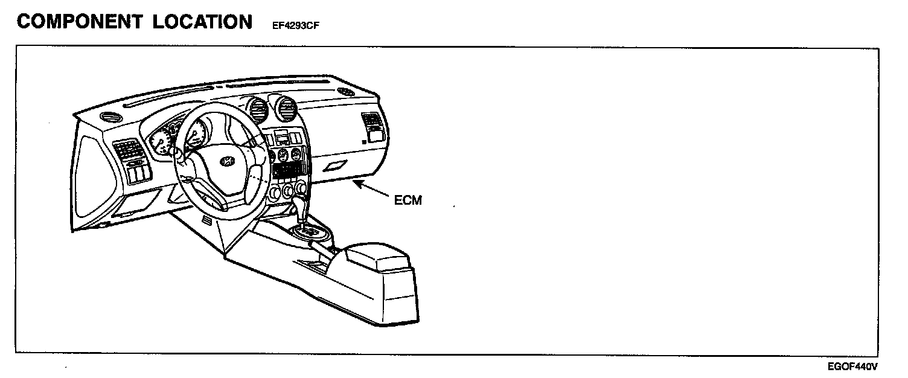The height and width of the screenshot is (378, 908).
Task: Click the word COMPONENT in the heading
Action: pyautogui.click(x=78, y=22)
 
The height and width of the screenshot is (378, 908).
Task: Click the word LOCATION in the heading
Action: pyautogui.click(x=202, y=22)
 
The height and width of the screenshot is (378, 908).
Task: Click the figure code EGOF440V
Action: pyautogui.click(x=852, y=366)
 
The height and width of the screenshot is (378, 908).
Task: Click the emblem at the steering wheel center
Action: pyautogui.click(x=226, y=160)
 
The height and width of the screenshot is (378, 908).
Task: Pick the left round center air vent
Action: pyautogui.click(x=258, y=111)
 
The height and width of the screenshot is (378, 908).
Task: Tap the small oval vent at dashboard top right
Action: pyautogui.click(x=345, y=91)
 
